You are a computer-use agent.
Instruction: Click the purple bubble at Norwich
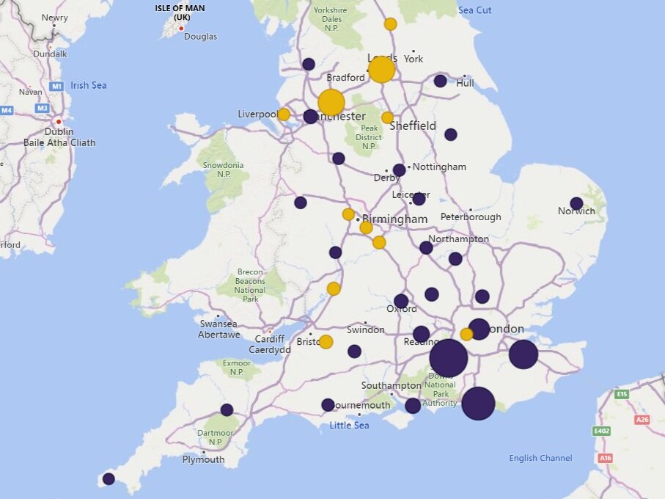pyautogui.click(x=576, y=203)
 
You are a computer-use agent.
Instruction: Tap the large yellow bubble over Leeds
pyautogui.click(x=381, y=70)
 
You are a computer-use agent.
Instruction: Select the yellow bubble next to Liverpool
pyautogui.click(x=284, y=114)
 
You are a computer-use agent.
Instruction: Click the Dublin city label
pyautogui.click(x=59, y=131)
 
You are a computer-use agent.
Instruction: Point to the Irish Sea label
pyautogui.click(x=89, y=85)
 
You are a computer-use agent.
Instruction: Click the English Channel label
pyautogui.click(x=540, y=458)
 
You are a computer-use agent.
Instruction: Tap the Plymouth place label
pyautogui.click(x=204, y=459)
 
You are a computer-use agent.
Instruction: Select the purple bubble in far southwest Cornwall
pyautogui.click(x=109, y=478)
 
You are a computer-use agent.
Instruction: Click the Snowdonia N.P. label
pyautogui.click(x=224, y=170)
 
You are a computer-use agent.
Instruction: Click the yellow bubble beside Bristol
pyautogui.click(x=326, y=342)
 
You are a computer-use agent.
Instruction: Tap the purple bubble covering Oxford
pyautogui.click(x=401, y=301)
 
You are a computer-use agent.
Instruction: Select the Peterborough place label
pyautogui.click(x=471, y=216)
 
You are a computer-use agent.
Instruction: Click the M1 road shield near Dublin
pyautogui.click(x=56, y=87)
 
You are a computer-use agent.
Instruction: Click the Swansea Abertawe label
pyautogui.click(x=218, y=329)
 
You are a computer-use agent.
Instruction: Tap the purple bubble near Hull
pyautogui.click(x=440, y=81)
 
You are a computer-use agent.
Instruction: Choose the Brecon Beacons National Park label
pyautogui.click(x=250, y=285)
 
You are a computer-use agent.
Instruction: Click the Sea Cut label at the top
pyautogui.click(x=475, y=10)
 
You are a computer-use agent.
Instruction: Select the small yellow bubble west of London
pyautogui.click(x=466, y=334)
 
